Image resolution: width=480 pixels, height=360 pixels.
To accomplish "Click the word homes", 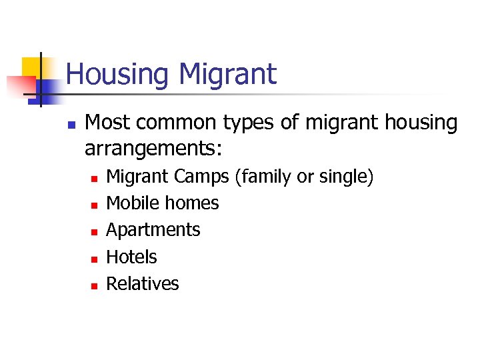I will coord(192,203).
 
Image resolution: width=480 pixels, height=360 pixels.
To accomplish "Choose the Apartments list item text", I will coord(153,230).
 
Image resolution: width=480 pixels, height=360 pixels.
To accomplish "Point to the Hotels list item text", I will coord(132,257).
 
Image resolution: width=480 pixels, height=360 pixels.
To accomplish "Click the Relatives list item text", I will coord(143,283).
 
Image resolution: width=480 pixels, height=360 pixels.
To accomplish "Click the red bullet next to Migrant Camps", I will coord(95,179).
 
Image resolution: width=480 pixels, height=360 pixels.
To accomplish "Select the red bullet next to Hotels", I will coord(95,259).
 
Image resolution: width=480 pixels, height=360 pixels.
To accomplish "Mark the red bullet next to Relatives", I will coord(95,285).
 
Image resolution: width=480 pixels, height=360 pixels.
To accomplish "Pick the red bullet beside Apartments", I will coord(95,232).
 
